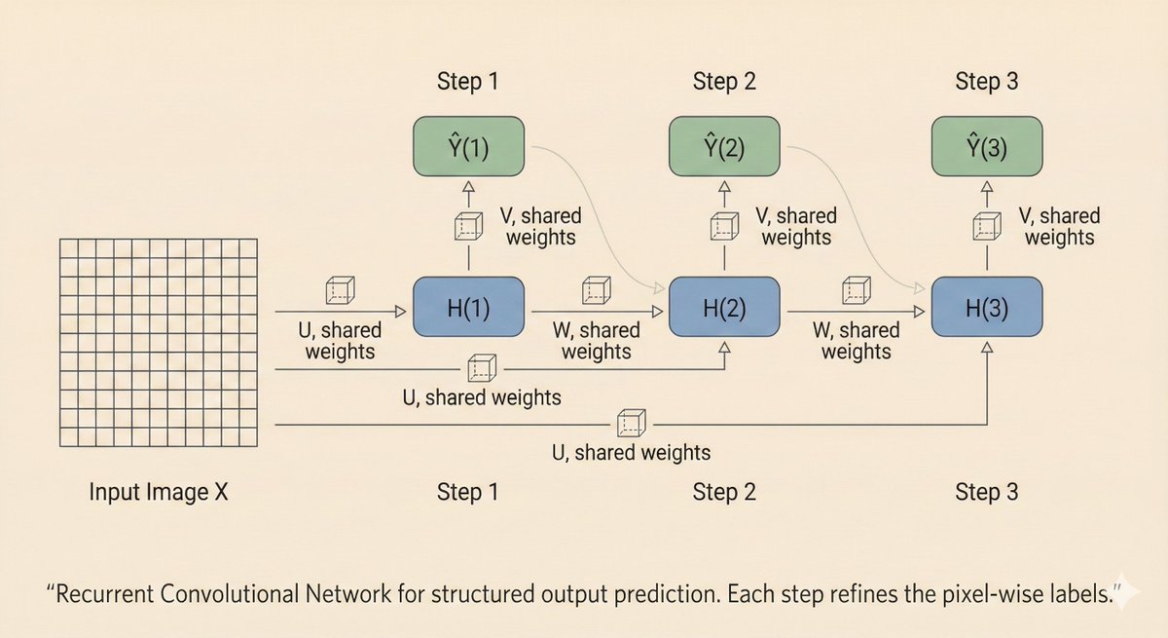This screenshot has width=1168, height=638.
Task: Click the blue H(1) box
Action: tap(469, 309)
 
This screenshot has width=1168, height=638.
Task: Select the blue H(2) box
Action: tap(724, 309)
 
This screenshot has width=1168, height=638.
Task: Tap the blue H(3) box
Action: tap(987, 309)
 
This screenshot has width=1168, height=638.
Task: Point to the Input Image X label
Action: tap(159, 492)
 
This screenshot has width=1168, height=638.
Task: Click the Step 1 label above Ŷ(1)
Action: tap(466, 82)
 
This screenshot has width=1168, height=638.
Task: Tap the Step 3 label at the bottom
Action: tap(986, 492)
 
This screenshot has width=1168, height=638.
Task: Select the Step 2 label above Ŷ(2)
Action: tap(724, 82)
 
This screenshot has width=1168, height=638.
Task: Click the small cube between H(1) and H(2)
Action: tap(596, 290)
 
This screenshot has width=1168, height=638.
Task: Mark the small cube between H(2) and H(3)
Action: tap(856, 290)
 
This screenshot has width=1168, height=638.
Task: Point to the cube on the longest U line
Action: tap(631, 424)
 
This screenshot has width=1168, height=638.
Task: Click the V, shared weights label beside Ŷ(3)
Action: tap(1059, 226)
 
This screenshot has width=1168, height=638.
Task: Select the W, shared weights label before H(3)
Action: tap(857, 340)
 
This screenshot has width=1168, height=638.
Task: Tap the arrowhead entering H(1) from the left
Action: tap(399, 312)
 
